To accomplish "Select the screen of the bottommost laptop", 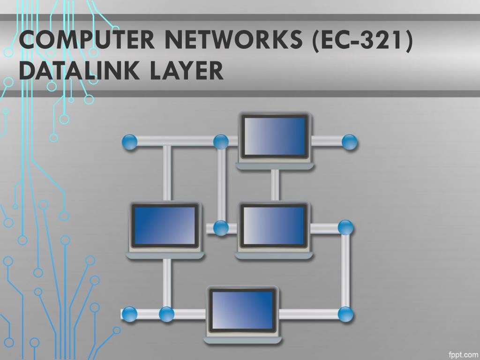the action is (242, 310).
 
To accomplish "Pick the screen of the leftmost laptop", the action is (165, 226).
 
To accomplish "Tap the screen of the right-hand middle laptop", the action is (274, 226).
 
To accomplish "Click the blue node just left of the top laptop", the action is (221, 142).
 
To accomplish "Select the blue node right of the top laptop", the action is (349, 142).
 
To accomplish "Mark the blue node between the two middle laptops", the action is (221, 228).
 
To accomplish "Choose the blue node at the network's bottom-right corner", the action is (345, 314).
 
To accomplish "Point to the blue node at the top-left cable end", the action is (130, 142).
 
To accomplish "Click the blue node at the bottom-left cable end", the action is (130, 314).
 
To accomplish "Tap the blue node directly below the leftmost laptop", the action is (166, 314).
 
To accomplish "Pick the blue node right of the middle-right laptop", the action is (345, 228).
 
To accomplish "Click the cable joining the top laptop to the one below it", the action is (275, 185).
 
